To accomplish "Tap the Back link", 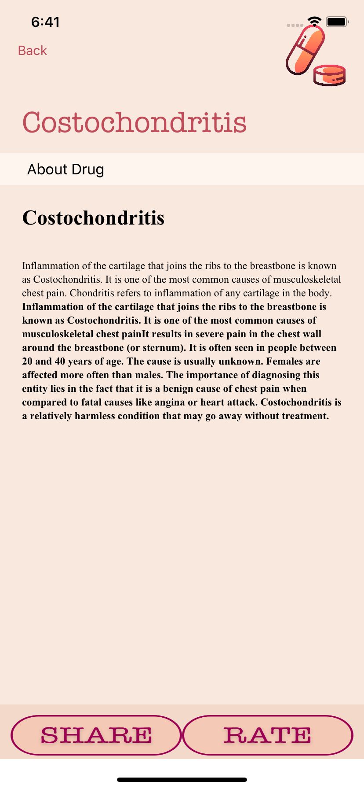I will [32, 51].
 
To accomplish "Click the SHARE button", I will [96, 735].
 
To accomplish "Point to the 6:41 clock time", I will [45, 22].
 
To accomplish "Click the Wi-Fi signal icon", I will [314, 21].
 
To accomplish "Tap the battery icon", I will [337, 21].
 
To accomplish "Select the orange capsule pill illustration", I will [305, 50].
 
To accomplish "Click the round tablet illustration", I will [329, 75].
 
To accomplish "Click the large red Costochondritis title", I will [135, 122].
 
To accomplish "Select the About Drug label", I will [66, 169].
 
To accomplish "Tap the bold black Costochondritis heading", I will [93, 218].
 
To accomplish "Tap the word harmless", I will [95, 416].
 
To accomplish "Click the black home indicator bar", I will [182, 780].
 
